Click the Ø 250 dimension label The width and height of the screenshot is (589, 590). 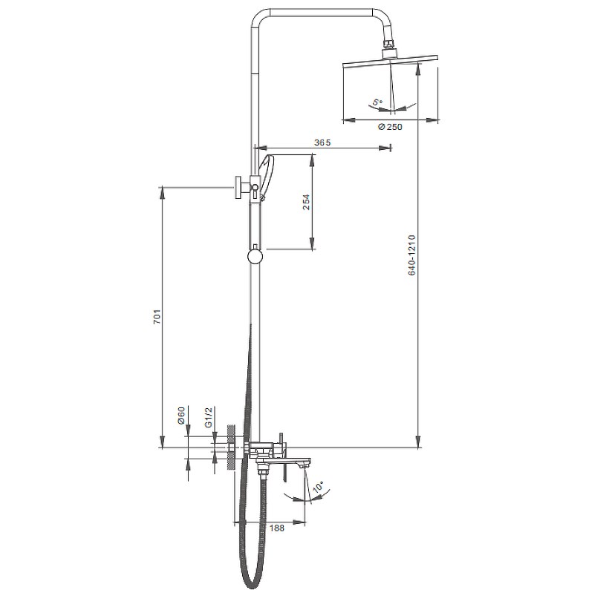(x=390, y=127)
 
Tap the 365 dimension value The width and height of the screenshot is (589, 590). (x=322, y=142)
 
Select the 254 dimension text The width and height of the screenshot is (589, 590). (x=306, y=202)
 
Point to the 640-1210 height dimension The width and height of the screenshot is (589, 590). (x=411, y=255)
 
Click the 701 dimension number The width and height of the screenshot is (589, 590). (x=157, y=317)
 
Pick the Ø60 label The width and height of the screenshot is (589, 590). (x=181, y=416)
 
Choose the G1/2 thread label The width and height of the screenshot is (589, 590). (x=209, y=416)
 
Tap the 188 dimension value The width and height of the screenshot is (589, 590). (x=277, y=528)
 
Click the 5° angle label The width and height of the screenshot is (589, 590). (x=377, y=102)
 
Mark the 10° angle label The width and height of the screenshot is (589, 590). (x=318, y=487)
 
